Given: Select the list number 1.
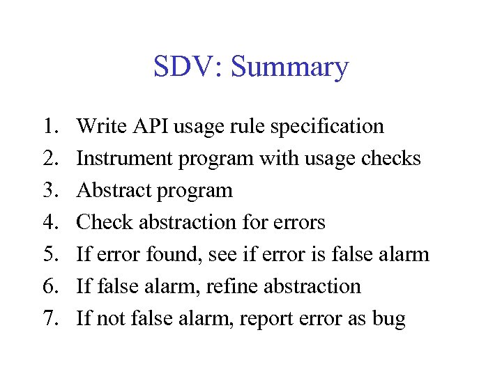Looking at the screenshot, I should click(x=49, y=126).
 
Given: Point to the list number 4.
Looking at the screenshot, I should click(x=49, y=222).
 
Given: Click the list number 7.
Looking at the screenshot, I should click(x=49, y=318).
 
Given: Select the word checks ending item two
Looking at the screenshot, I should click(x=391, y=158).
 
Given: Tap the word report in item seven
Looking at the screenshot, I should click(x=268, y=320).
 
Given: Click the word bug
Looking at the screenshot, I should click(x=389, y=320).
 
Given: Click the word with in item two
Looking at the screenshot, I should click(x=275, y=158).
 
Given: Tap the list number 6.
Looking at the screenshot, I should click(x=49, y=286).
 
